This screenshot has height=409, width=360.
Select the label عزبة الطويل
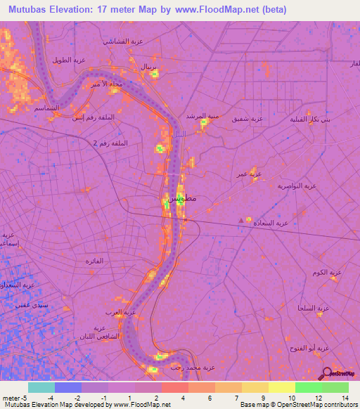tap(70, 60)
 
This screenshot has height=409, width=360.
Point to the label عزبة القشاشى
tap(124, 41)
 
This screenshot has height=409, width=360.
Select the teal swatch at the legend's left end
tap(41, 387)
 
